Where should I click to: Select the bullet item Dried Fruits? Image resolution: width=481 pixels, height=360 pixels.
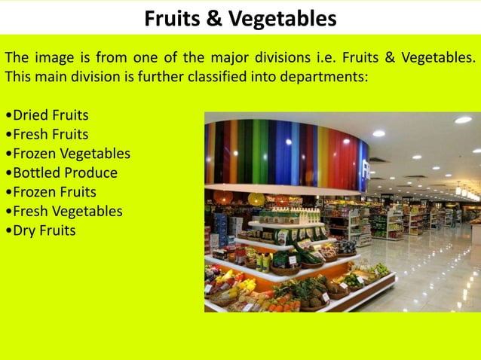[x=47, y=115]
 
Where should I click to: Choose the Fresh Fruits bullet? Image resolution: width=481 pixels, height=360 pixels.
[x=47, y=135]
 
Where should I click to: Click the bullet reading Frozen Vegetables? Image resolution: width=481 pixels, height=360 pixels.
[x=68, y=154]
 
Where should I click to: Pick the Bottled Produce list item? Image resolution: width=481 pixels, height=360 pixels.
[x=62, y=173]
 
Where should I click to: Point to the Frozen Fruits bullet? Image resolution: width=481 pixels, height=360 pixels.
[x=51, y=192]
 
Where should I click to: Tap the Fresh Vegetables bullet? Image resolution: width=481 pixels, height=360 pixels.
[x=64, y=212]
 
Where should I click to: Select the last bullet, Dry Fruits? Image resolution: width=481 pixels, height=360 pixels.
[x=41, y=230]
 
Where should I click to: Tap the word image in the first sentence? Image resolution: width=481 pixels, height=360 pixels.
[x=53, y=57]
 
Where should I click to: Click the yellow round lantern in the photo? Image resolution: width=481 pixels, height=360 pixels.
[x=256, y=199]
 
